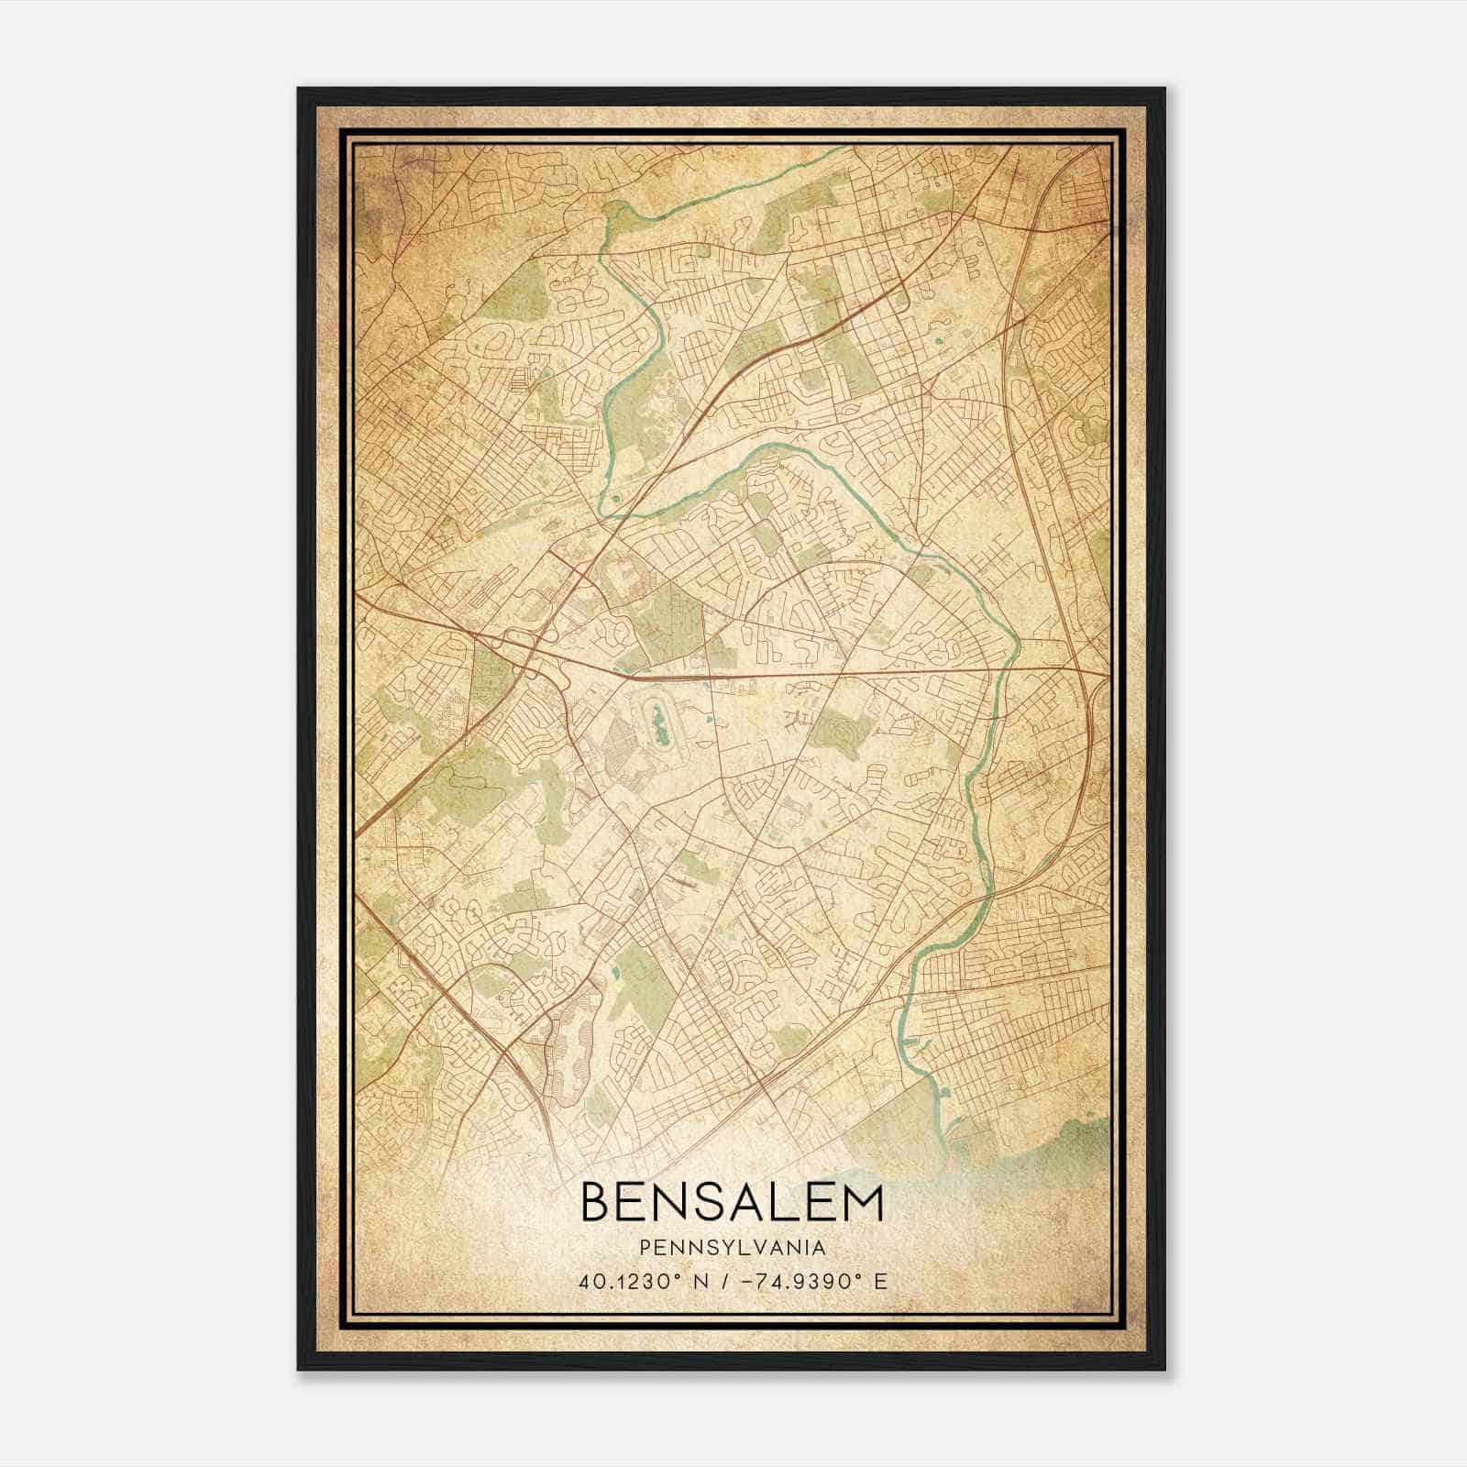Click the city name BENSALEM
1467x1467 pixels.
pyautogui.click(x=732, y=1204)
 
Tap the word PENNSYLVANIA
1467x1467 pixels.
pyautogui.click(x=733, y=1248)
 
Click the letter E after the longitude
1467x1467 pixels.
pyautogui.click(x=881, y=1282)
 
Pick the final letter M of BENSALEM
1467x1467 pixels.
pyautogui.click(x=862, y=1204)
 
